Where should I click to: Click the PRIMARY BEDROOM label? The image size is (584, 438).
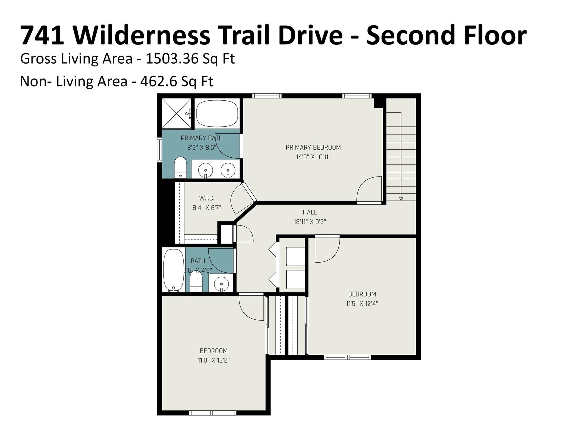(x=313, y=147)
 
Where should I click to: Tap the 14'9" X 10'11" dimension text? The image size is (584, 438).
(x=313, y=157)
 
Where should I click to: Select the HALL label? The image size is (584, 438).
(x=310, y=212)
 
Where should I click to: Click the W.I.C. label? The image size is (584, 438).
(x=206, y=198)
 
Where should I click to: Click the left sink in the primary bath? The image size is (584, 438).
(x=206, y=170)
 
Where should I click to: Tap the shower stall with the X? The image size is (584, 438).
(x=177, y=113)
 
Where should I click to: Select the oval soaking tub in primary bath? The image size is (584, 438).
(x=217, y=113)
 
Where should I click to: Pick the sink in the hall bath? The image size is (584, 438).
(x=221, y=283)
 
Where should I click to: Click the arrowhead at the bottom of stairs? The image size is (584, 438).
(x=401, y=199)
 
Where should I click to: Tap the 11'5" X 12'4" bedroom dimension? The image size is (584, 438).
(x=362, y=303)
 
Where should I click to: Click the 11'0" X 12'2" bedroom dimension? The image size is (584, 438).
(x=214, y=360)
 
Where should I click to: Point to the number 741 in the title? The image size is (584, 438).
(x=42, y=35)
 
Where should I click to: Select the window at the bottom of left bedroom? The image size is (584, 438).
(x=213, y=413)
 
